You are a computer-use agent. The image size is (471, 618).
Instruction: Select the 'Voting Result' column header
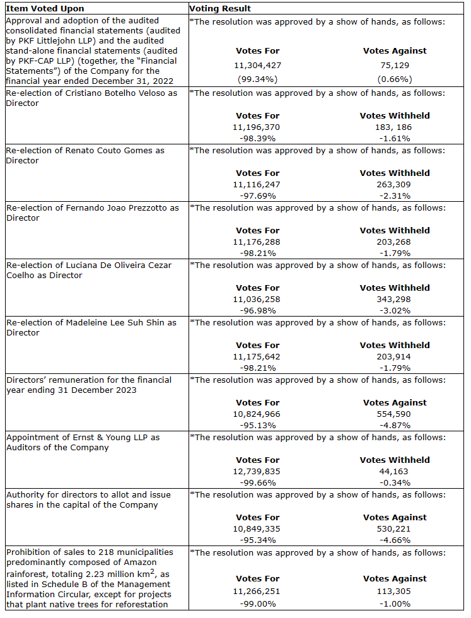tap(220, 9)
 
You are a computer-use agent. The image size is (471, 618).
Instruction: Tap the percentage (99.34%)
tap(257, 79)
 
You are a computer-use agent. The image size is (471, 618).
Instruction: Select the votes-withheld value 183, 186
tap(395, 127)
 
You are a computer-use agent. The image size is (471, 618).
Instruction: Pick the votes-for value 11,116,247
tap(257, 184)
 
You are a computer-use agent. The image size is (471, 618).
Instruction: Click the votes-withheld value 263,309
tap(395, 184)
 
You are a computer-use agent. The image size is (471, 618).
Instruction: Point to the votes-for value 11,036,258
tap(257, 299)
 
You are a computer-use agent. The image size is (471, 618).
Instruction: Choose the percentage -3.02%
tap(395, 310)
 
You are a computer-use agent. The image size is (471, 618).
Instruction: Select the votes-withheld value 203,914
tap(395, 356)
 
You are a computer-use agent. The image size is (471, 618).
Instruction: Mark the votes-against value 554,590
tap(395, 414)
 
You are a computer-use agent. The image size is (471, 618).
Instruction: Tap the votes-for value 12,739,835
tap(257, 471)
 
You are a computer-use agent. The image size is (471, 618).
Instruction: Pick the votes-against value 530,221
tap(395, 528)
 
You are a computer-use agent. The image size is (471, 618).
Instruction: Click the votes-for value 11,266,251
tap(257, 592)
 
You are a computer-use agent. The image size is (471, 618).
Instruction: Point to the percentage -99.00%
tap(257, 604)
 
